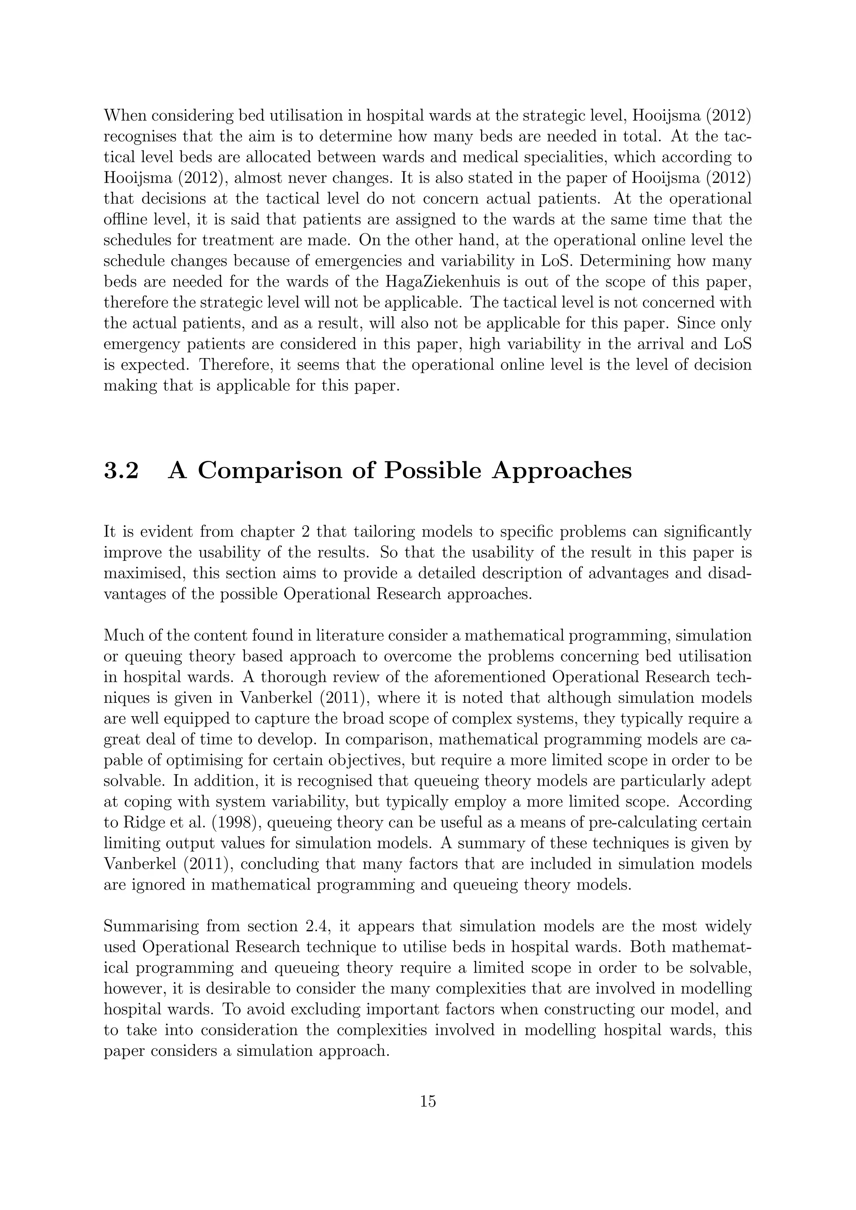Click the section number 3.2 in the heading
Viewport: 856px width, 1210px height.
tap(121, 470)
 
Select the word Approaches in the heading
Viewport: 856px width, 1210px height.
tap(561, 470)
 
